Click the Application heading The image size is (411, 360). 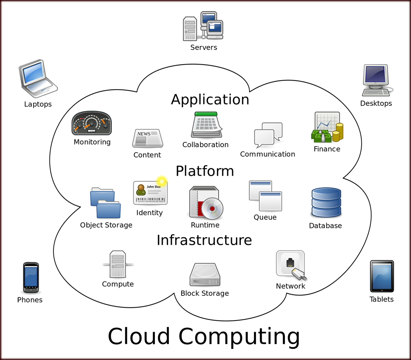(x=210, y=100)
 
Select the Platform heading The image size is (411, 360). (x=205, y=171)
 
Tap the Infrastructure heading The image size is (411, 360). (x=204, y=239)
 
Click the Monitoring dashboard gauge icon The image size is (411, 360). (x=92, y=123)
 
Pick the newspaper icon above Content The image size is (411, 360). (x=147, y=138)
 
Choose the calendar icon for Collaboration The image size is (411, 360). (x=206, y=125)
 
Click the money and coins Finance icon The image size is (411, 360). (x=327, y=128)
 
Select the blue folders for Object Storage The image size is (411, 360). (x=106, y=203)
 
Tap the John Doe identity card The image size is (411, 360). (x=150, y=193)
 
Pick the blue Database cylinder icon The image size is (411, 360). (x=326, y=202)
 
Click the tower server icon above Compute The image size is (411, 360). (x=118, y=265)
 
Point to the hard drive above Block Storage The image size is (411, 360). (x=205, y=275)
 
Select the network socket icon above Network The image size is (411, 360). (x=291, y=265)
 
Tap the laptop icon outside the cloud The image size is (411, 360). (x=37, y=78)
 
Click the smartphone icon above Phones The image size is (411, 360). (x=31, y=278)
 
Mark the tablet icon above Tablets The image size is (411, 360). (x=382, y=276)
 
